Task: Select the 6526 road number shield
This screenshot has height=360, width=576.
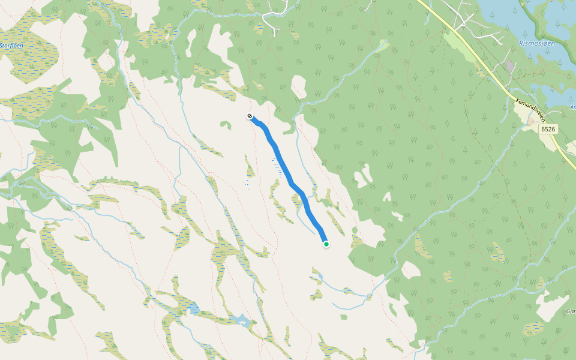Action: [547, 129]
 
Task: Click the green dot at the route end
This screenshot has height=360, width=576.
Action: [326, 244]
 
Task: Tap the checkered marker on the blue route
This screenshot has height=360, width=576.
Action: [250, 116]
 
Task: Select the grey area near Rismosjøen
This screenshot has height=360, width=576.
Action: [510, 64]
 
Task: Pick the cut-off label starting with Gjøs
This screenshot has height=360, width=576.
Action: [571, 311]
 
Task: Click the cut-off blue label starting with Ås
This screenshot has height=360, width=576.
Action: [572, 107]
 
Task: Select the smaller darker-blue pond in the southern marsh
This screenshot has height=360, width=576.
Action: [194, 309]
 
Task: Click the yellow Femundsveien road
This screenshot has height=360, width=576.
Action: [480, 60]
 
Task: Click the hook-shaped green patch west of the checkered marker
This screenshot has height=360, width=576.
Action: [226, 125]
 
